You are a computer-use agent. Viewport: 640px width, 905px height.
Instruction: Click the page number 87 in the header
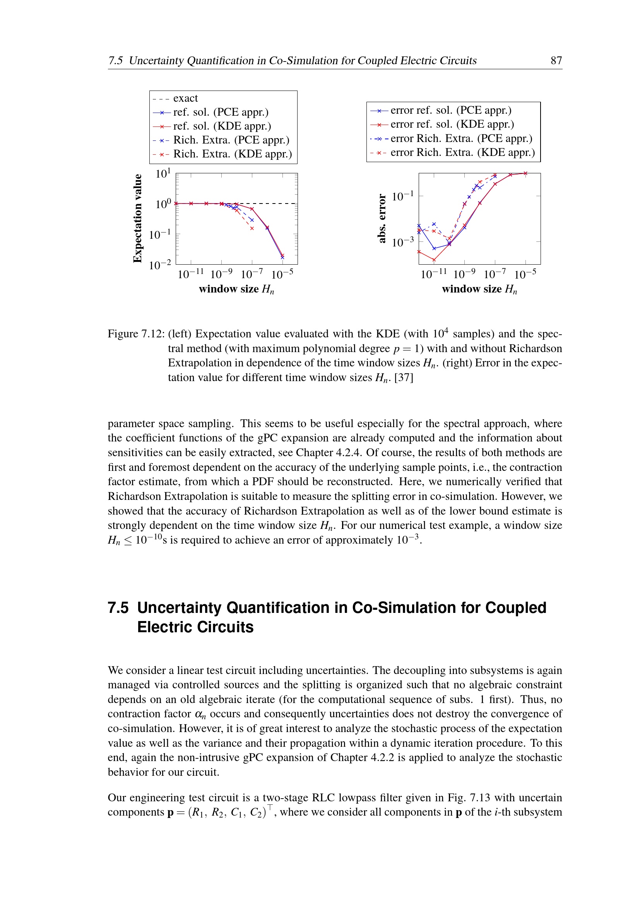tap(556, 60)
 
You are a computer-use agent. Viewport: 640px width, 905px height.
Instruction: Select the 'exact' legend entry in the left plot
tap(185, 98)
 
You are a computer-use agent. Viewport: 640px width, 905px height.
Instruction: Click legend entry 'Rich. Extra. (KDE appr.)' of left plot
tap(233, 154)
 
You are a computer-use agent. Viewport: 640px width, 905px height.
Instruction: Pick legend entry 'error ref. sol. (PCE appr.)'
tap(451, 110)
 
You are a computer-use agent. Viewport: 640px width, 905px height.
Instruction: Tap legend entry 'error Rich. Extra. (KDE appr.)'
tap(463, 152)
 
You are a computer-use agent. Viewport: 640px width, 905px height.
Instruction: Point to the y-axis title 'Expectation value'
tap(137, 218)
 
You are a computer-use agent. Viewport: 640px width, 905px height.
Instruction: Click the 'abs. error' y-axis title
tap(381, 218)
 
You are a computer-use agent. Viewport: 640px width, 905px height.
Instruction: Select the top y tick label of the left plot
tap(163, 173)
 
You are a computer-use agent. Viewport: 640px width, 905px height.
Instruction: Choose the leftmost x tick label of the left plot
tap(191, 274)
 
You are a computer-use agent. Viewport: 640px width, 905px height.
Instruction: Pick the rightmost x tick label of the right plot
tap(525, 274)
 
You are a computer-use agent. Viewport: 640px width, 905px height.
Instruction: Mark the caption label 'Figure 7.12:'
tap(136, 334)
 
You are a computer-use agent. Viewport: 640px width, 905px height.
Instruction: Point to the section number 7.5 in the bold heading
tap(118, 608)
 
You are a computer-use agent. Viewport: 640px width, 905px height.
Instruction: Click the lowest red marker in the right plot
tap(434, 260)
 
